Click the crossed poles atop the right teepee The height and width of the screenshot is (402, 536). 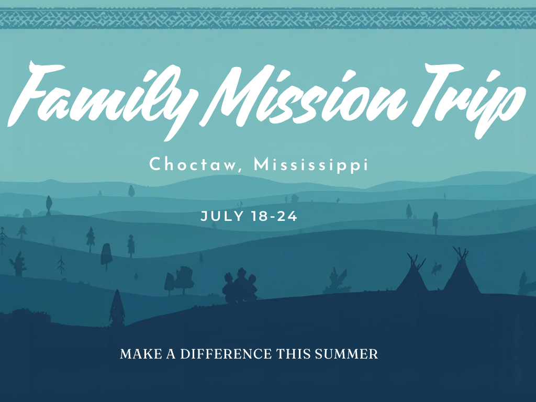(461, 253)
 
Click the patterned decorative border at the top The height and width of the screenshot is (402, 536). (268, 18)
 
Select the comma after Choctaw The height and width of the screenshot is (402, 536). (244, 170)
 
